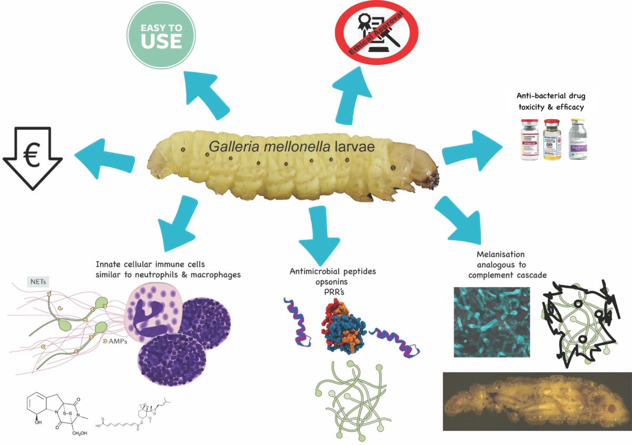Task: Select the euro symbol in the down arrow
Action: pyautogui.click(x=32, y=157)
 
